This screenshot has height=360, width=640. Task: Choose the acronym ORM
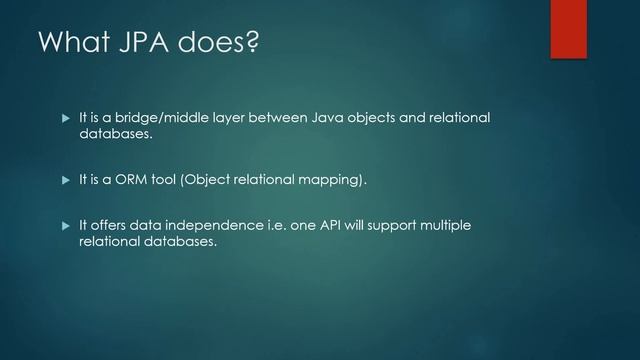coord(133,181)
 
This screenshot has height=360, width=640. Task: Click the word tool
coord(165,181)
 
